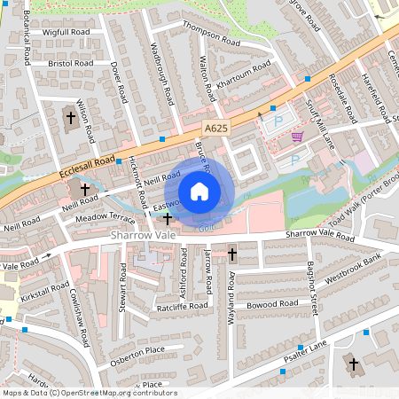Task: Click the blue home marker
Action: click(x=199, y=191)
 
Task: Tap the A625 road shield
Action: click(x=214, y=129)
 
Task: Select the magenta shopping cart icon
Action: click(x=298, y=136)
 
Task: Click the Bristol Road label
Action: click(x=72, y=64)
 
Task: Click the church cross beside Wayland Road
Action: click(x=232, y=254)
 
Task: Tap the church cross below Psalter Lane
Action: click(x=353, y=364)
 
